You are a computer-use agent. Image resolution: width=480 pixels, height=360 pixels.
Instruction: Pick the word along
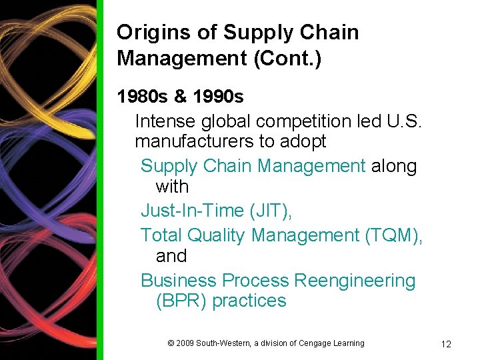tap(394, 166)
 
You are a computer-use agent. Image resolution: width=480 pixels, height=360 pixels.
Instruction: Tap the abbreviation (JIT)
tap(271, 211)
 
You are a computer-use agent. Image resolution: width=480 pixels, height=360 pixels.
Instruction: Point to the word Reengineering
tap(355, 281)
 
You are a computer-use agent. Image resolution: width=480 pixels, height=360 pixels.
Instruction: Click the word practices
tap(249, 301)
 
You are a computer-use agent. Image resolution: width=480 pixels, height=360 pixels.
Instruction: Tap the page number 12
tap(446, 344)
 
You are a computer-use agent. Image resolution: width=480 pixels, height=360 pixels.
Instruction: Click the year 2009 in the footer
tap(185, 343)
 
